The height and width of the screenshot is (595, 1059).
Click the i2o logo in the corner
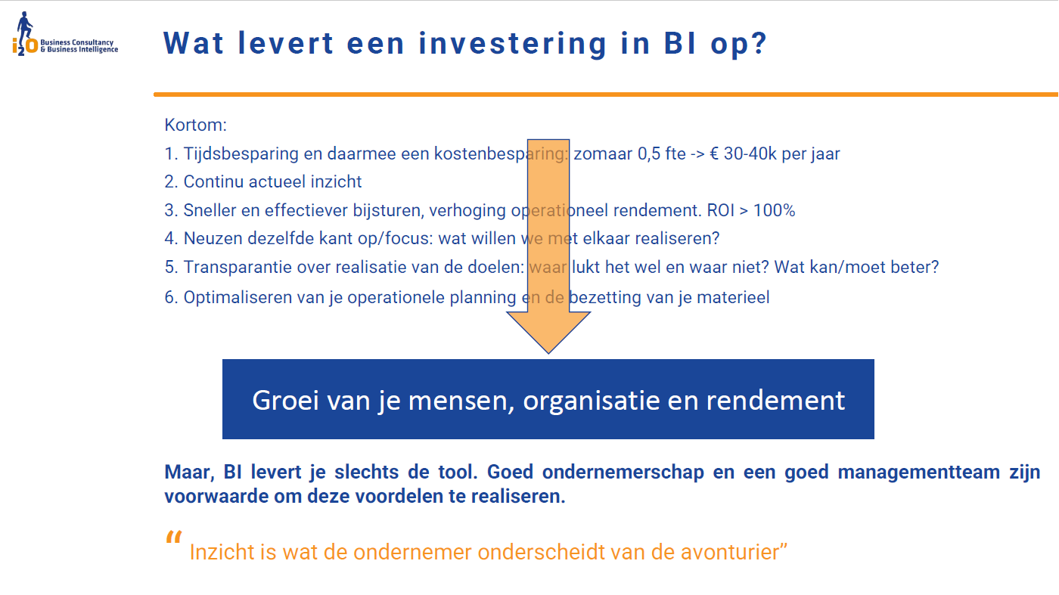tap(27, 35)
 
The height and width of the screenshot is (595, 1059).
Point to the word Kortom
tap(196, 125)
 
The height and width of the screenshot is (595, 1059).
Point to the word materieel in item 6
tap(733, 297)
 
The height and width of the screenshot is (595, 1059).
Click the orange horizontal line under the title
tap(605, 95)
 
